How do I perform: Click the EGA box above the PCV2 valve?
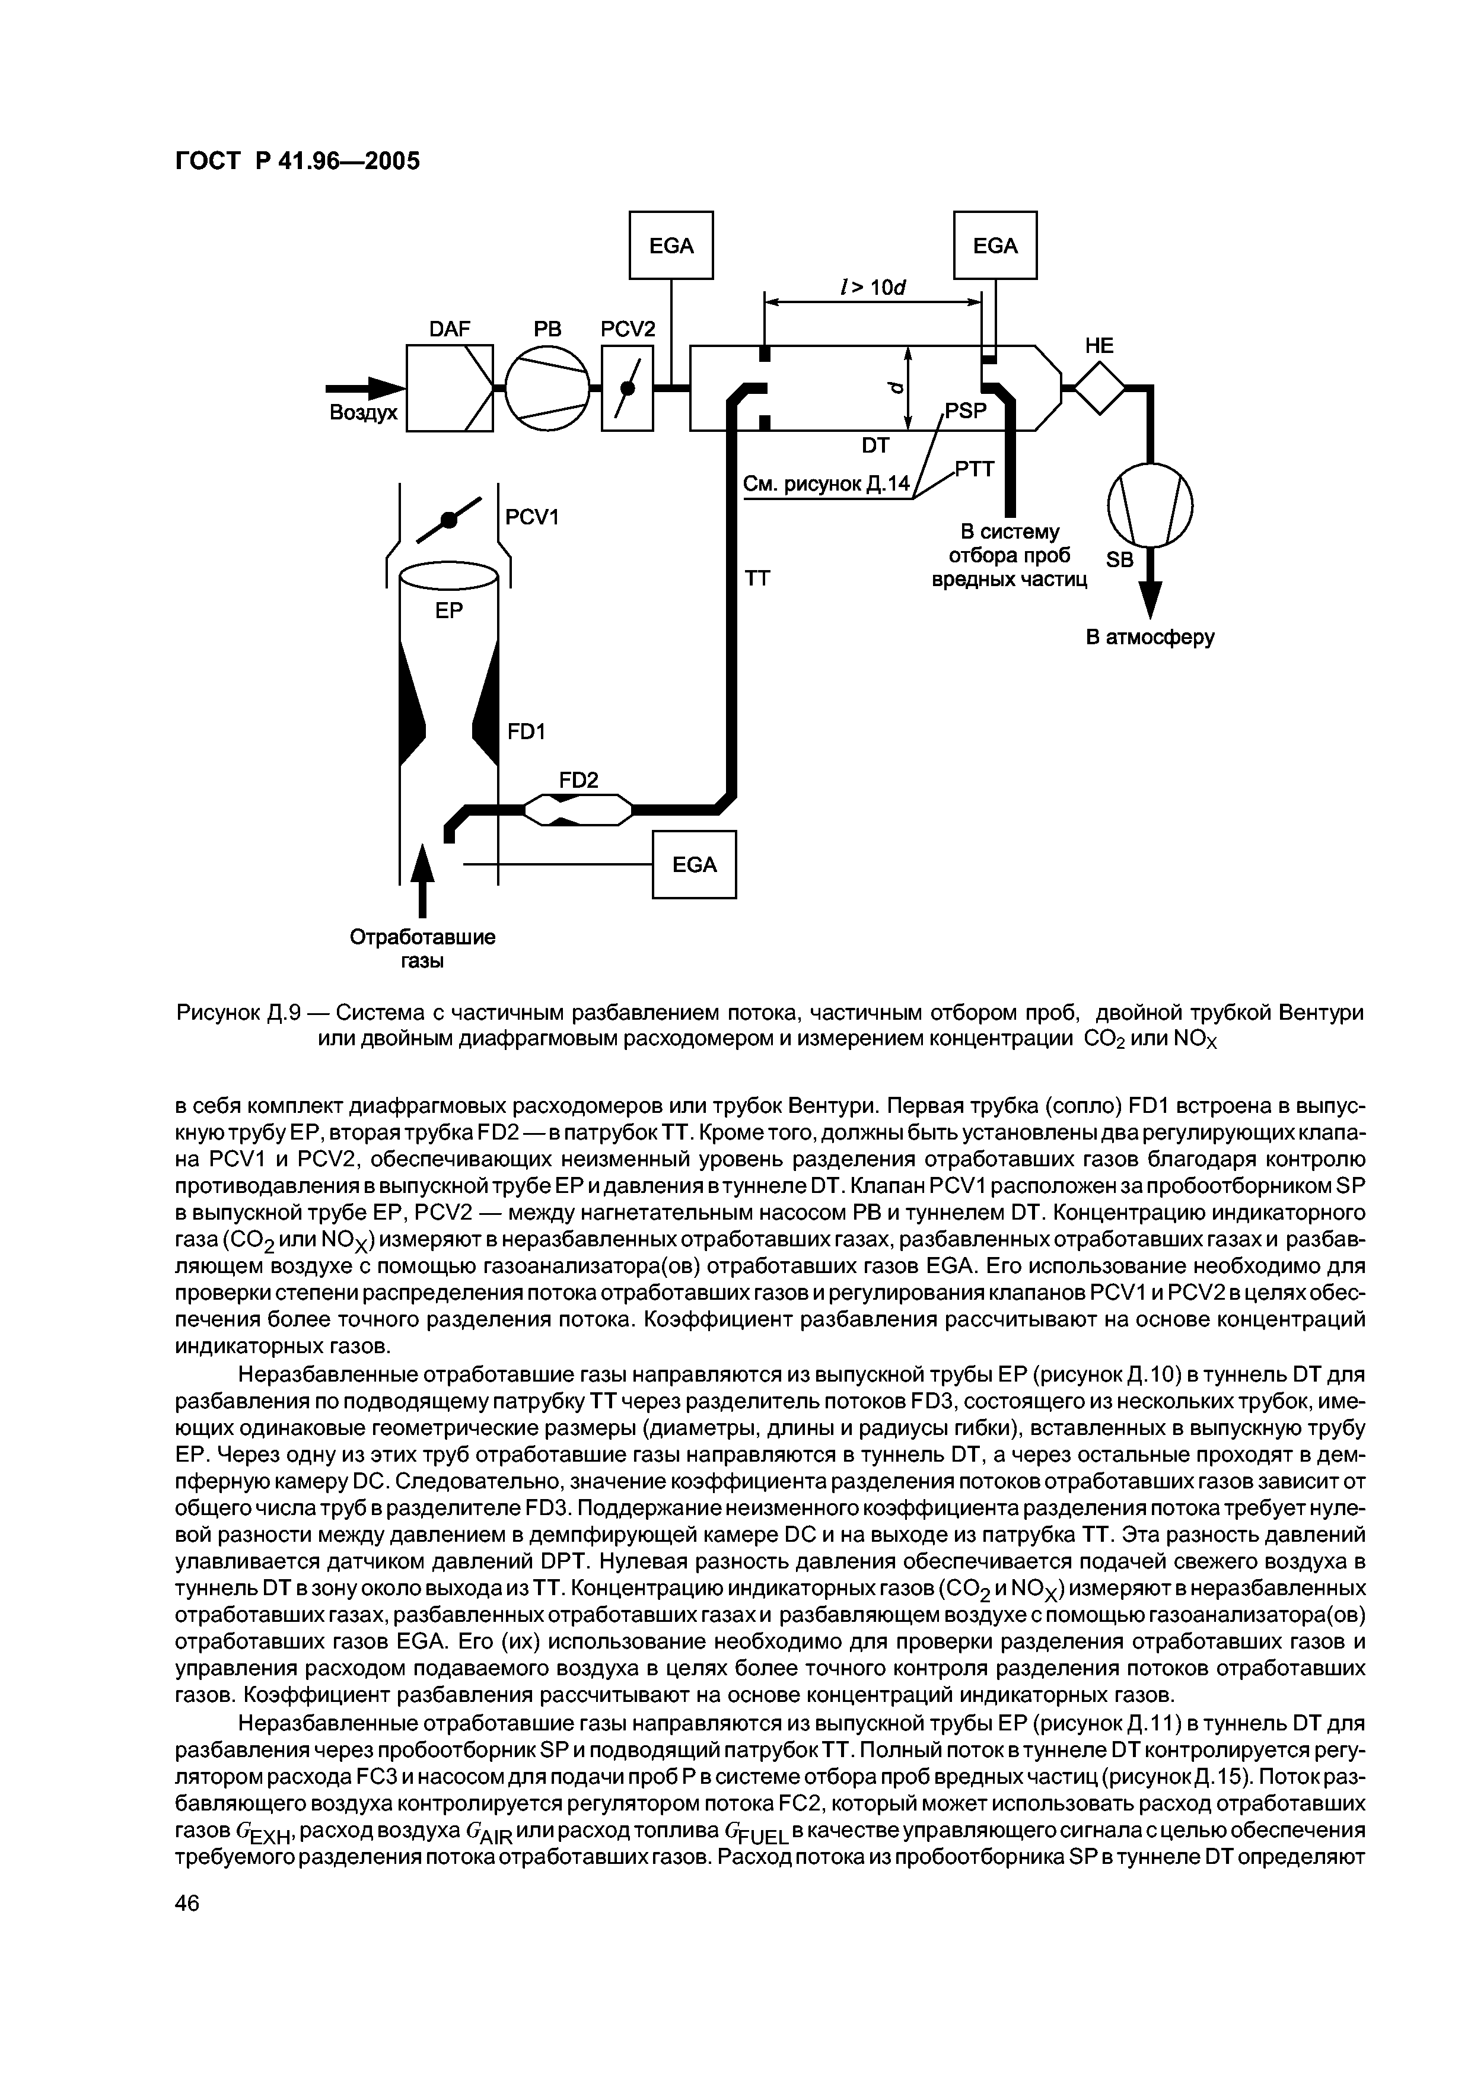(x=671, y=245)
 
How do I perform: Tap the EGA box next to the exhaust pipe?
(x=694, y=865)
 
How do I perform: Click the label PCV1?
(x=532, y=517)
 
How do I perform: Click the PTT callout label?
(x=975, y=469)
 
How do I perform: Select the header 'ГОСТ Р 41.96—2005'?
(x=297, y=161)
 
